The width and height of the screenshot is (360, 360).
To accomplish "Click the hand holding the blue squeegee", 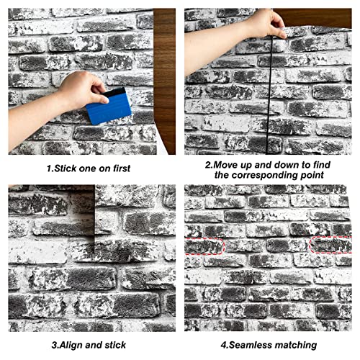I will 84,90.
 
